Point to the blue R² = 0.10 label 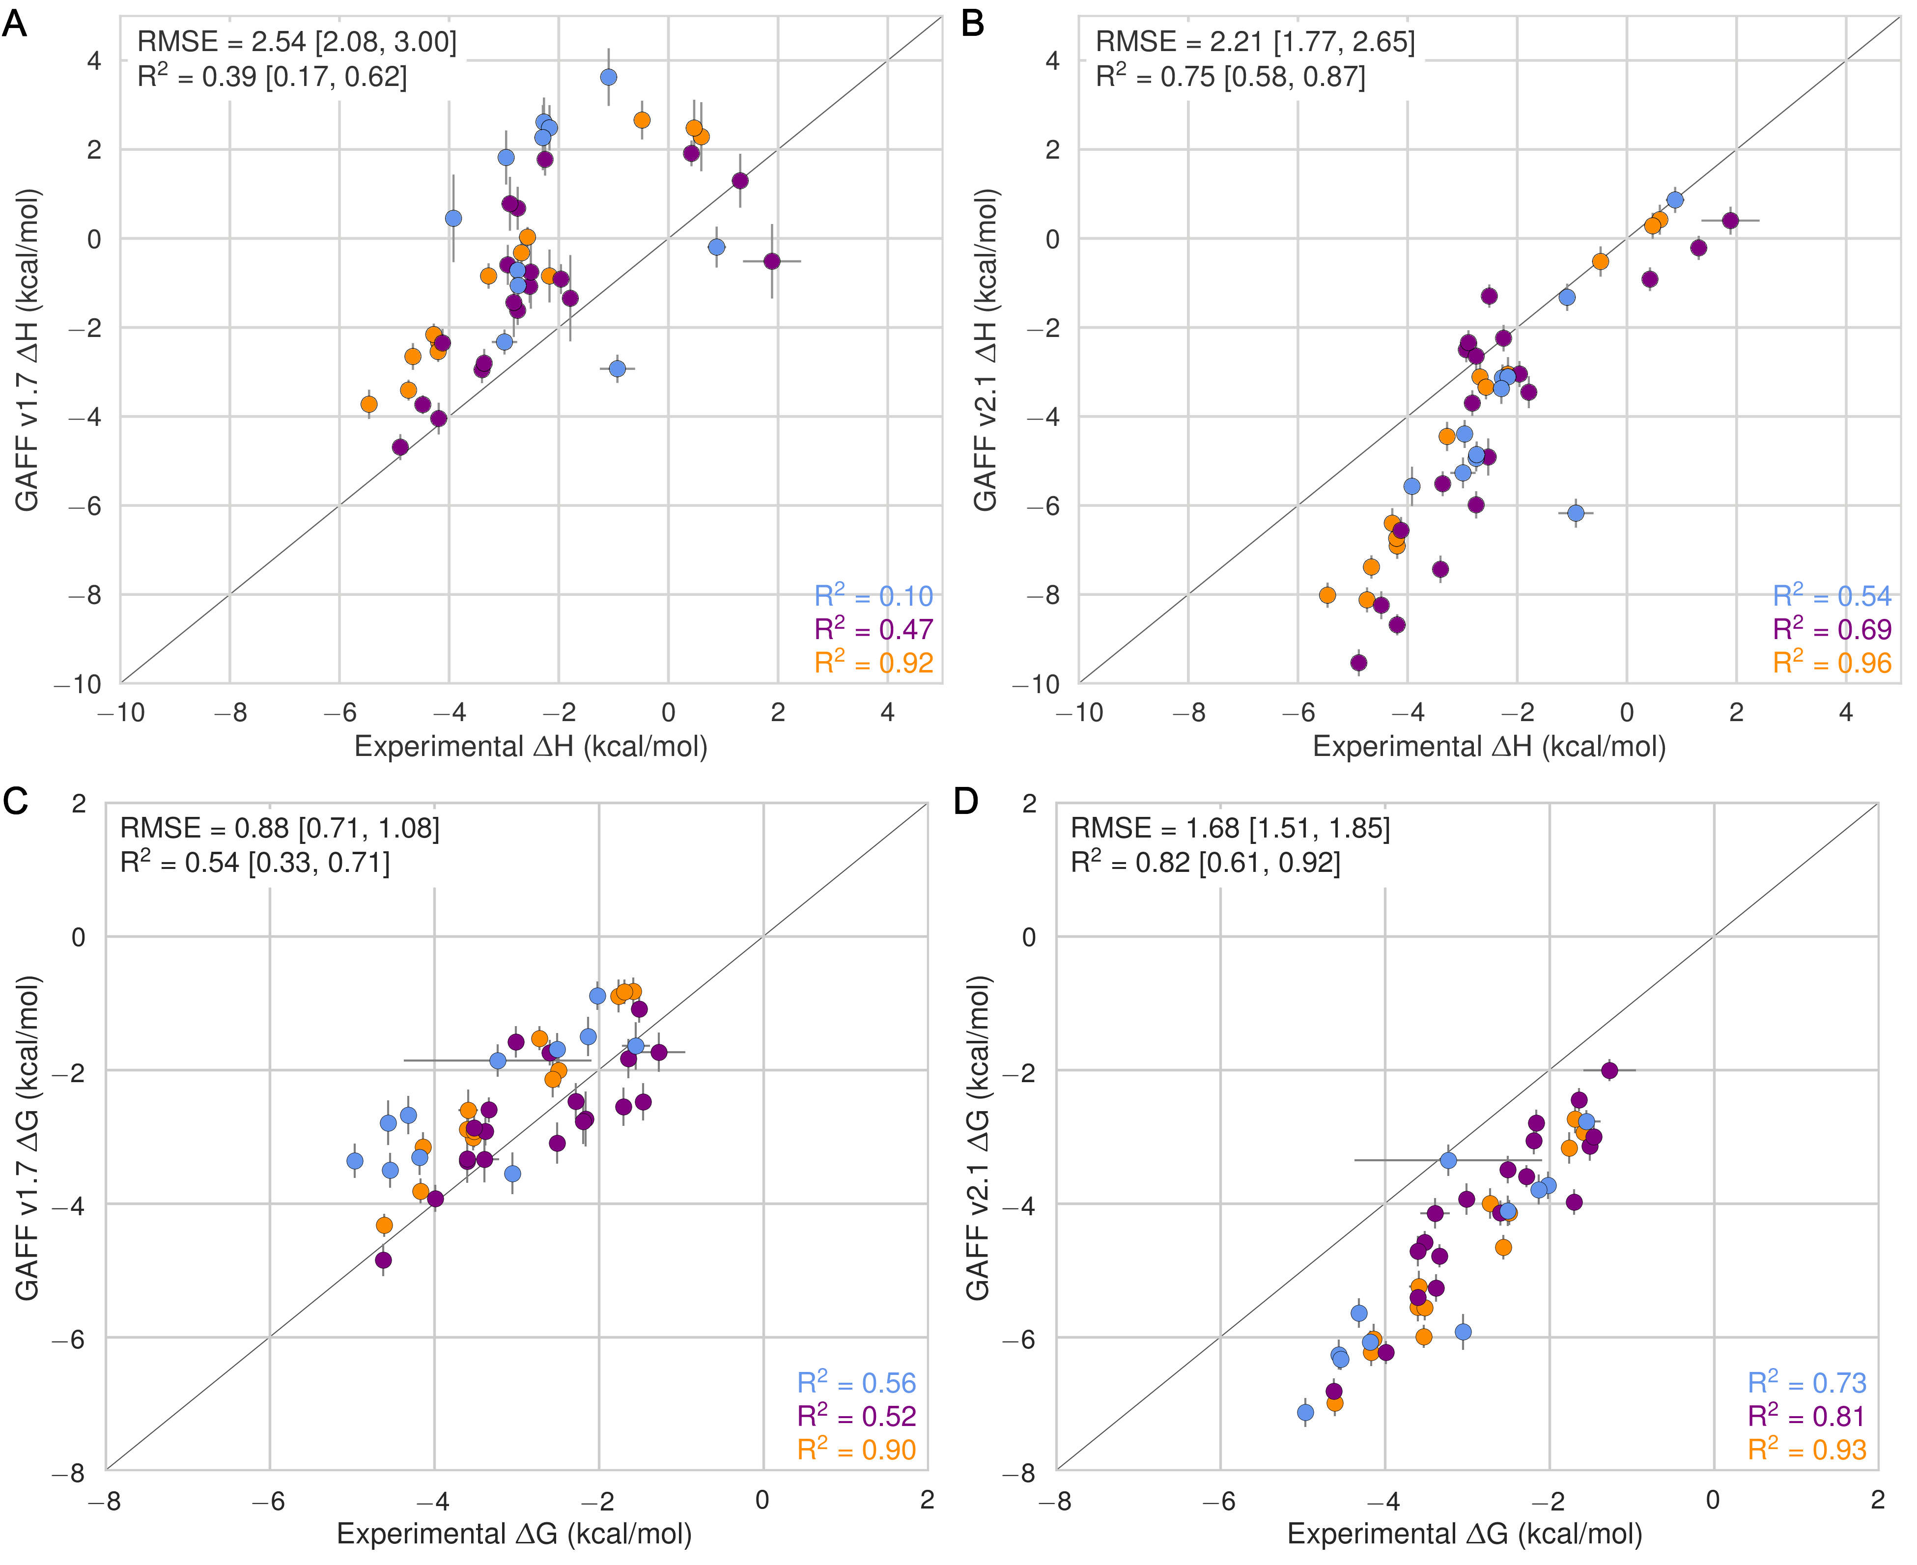click(873, 596)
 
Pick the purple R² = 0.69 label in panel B click(1832, 629)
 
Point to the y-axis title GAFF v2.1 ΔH click(986, 350)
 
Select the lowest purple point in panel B click(1359, 663)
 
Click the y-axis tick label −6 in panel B click(1043, 506)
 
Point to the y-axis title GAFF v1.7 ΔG click(27, 1138)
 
